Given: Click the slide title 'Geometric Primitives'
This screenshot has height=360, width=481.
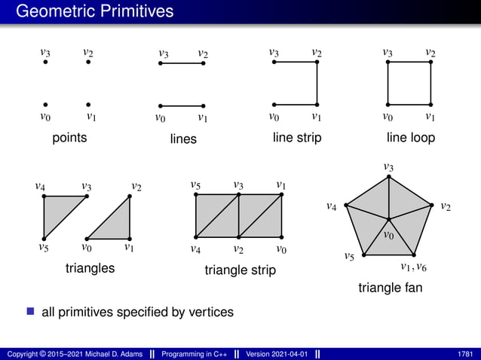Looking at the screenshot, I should click(x=94, y=11).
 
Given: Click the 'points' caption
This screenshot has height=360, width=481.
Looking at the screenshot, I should click(x=69, y=138).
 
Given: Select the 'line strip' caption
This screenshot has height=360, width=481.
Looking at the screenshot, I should click(x=297, y=138).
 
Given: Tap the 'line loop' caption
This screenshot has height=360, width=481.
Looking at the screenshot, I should click(x=410, y=138).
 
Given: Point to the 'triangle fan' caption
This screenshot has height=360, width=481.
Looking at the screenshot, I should click(x=390, y=288).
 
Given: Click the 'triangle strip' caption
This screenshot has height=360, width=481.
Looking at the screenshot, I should click(x=240, y=270).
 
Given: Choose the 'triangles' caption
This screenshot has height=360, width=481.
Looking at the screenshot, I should click(x=90, y=268).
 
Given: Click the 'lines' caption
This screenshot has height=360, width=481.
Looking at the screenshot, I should click(x=183, y=139).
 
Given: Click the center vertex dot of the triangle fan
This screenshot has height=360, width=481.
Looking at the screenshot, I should click(x=389, y=219).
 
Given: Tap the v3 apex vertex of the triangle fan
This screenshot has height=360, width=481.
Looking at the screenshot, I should click(x=389, y=176).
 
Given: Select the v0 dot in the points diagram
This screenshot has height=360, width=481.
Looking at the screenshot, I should click(x=45, y=105).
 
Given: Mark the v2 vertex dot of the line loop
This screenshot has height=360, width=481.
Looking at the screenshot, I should click(x=430, y=63).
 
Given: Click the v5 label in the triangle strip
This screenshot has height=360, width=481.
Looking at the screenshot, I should click(x=195, y=185).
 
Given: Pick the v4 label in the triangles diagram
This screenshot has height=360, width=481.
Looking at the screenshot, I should click(x=40, y=185).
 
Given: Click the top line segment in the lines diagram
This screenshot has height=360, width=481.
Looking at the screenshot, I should click(x=182, y=63).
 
